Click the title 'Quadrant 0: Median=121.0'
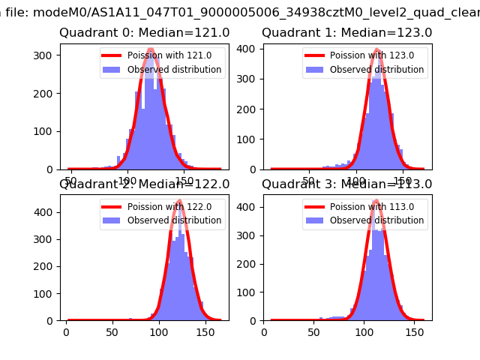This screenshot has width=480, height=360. point(145,33)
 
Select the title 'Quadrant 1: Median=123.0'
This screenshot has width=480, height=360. point(347,33)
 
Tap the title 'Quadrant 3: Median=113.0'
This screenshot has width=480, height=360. point(347,184)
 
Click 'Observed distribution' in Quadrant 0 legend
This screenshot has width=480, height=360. point(174,70)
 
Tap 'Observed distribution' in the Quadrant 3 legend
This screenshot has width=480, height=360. point(376,220)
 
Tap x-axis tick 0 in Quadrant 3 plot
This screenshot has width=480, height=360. point(264,331)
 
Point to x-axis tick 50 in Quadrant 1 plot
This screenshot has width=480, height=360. point(308,181)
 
